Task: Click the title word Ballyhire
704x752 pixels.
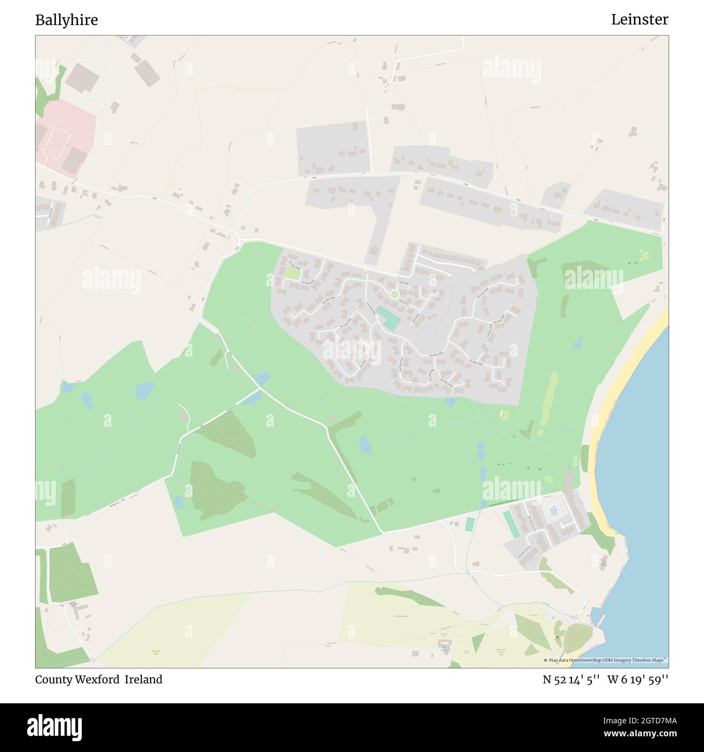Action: [x=67, y=20]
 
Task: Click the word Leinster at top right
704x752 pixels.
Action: [x=640, y=20]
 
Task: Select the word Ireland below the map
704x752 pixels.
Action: [x=144, y=680]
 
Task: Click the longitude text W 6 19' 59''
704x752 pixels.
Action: [x=638, y=680]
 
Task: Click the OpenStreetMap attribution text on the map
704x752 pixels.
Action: [x=605, y=660]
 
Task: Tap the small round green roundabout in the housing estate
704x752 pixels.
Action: [x=394, y=294]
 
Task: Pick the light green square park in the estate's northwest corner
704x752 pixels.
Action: [x=292, y=274]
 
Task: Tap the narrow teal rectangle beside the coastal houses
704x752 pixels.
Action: [x=510, y=523]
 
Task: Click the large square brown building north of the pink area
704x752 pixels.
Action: [x=80, y=76]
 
